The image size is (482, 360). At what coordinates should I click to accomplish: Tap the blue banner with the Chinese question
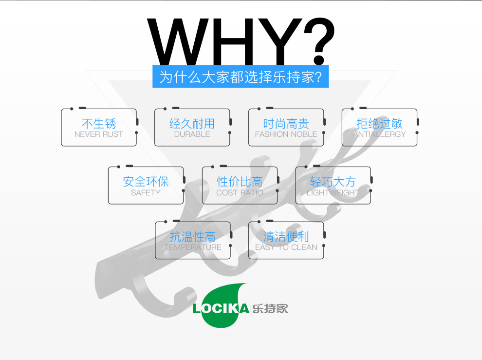(241, 77)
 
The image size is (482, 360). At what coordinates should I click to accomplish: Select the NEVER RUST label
(99, 134)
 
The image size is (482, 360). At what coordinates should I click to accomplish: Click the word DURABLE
(192, 134)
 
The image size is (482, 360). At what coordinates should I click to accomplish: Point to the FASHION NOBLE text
(286, 134)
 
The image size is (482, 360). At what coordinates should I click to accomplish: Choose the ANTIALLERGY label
(379, 134)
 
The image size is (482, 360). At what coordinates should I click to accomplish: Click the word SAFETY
(146, 192)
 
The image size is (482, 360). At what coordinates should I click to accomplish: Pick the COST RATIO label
(240, 192)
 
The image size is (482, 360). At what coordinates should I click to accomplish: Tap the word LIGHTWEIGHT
(333, 192)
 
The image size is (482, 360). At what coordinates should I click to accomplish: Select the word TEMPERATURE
(193, 247)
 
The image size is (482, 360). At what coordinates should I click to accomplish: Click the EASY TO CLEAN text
(286, 247)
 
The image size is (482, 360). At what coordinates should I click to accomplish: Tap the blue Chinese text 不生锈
(99, 124)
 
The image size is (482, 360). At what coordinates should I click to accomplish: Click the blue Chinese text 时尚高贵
(286, 124)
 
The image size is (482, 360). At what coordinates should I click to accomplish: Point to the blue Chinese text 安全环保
(146, 182)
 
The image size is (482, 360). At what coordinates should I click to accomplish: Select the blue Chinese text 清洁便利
(286, 237)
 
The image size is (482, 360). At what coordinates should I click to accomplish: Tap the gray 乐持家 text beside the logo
(270, 308)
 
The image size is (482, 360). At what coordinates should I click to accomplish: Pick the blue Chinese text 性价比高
(240, 182)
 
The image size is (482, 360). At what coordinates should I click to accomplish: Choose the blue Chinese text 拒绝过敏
(379, 124)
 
